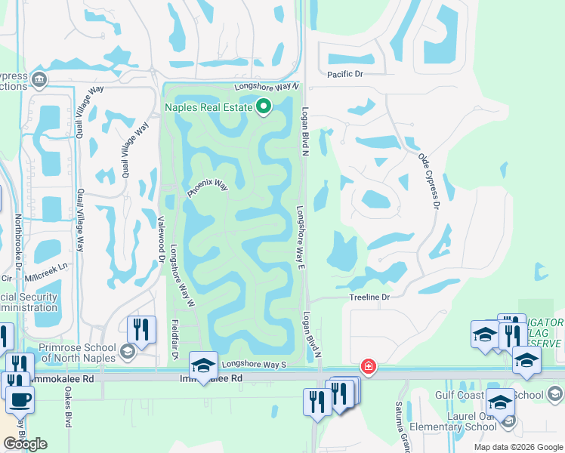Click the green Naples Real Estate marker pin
click(x=263, y=107)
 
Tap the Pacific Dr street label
click(x=345, y=74)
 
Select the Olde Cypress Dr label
click(x=428, y=180)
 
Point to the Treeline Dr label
click(x=369, y=297)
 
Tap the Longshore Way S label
click(x=255, y=364)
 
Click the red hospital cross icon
click(x=368, y=366)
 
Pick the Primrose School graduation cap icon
click(x=128, y=352)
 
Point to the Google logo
click(x=25, y=444)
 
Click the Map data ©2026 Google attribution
click(x=517, y=447)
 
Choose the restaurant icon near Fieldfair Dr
click(x=141, y=329)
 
